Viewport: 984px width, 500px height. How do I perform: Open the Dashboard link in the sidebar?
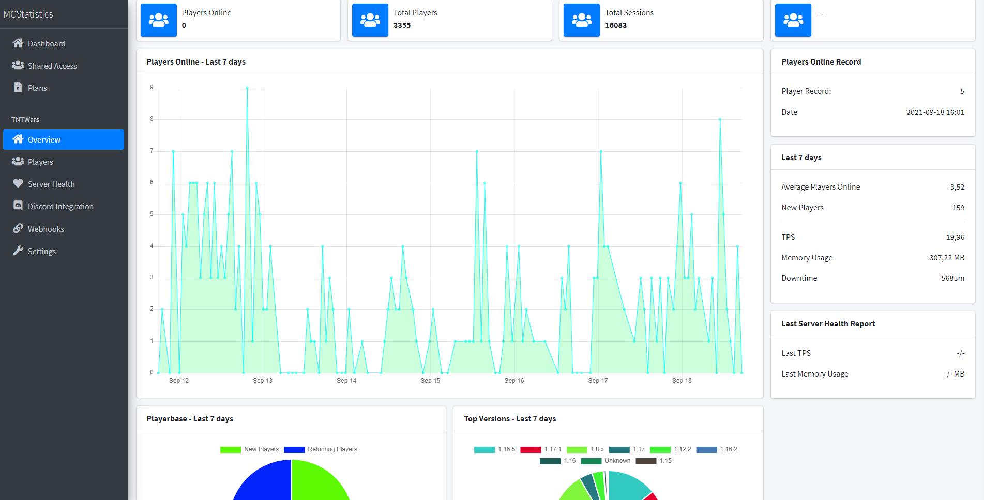pyautogui.click(x=46, y=44)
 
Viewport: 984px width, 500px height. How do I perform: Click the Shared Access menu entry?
pyautogui.click(x=52, y=66)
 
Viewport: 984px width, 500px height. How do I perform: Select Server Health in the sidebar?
pyautogui.click(x=51, y=184)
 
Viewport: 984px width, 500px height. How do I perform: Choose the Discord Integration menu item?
pyautogui.click(x=60, y=207)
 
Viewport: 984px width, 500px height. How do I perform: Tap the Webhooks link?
pyautogui.click(x=46, y=229)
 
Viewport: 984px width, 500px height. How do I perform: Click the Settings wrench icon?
pyautogui.click(x=18, y=251)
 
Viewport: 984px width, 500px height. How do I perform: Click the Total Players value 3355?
pyautogui.click(x=402, y=25)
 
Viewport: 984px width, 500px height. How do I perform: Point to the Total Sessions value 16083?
pyautogui.click(x=615, y=25)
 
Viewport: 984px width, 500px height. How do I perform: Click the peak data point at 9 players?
pyautogui.click(x=247, y=88)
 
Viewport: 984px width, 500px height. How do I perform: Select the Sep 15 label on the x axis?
pyautogui.click(x=430, y=381)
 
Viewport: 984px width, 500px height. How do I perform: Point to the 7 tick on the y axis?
pyautogui.click(x=152, y=151)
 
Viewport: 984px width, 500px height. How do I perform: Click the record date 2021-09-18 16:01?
pyautogui.click(x=935, y=112)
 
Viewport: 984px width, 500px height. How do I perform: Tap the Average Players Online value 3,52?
pyautogui.click(x=957, y=187)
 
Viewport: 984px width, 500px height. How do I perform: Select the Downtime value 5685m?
pyautogui.click(x=952, y=278)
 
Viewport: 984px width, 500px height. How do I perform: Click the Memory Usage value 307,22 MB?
pyautogui.click(x=946, y=258)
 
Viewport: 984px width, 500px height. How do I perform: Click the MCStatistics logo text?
pyautogui.click(x=28, y=14)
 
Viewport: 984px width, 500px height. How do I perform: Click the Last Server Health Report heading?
pyautogui.click(x=828, y=324)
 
